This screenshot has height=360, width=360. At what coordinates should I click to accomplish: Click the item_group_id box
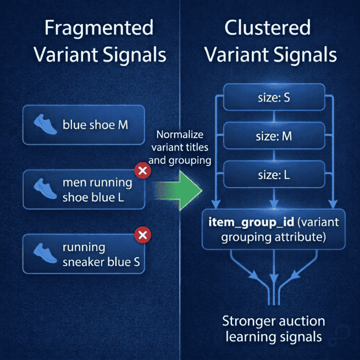[x=274, y=229]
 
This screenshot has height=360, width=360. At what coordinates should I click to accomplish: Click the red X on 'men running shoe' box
[x=143, y=171]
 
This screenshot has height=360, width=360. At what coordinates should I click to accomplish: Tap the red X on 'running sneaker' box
[x=143, y=236]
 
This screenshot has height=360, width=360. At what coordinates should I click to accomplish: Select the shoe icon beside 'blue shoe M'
[x=46, y=125]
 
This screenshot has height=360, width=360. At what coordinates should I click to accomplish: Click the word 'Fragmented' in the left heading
[x=99, y=28]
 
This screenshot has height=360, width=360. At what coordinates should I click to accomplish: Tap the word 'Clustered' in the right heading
[x=268, y=28]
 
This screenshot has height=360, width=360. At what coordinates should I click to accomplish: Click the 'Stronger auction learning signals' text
[x=273, y=328]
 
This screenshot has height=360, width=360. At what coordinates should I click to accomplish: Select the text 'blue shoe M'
[x=95, y=125]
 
